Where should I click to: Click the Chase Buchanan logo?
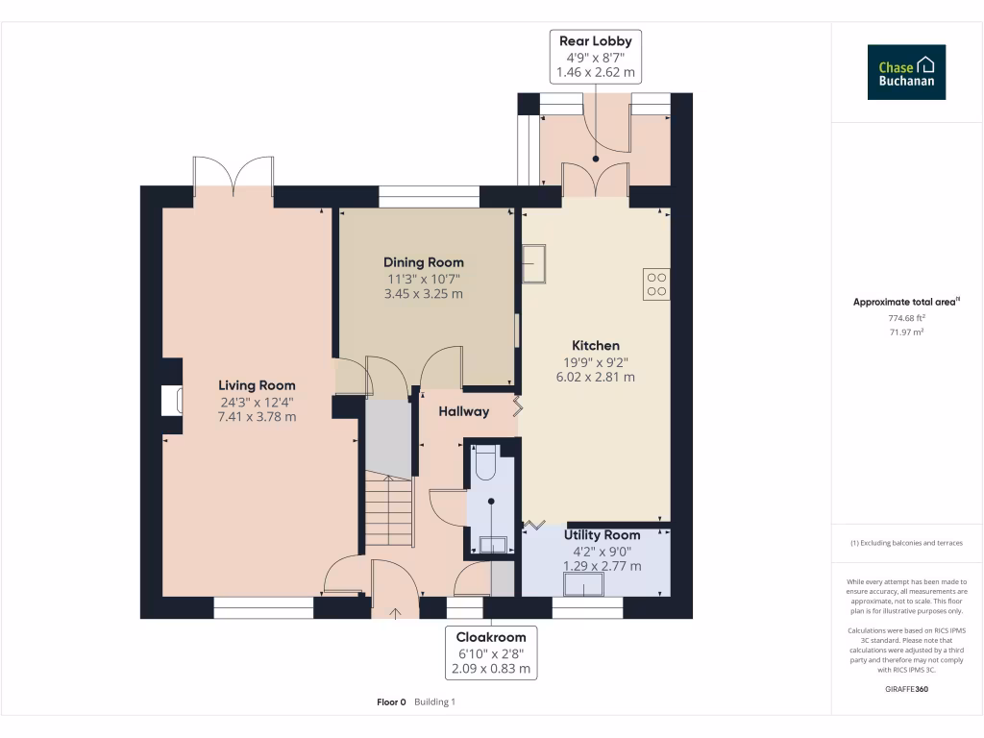coord(906,72)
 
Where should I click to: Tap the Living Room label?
coord(257,385)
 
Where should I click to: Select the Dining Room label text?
coord(424,262)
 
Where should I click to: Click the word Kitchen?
coord(596,345)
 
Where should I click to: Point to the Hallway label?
coord(464,411)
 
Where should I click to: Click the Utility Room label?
coord(602,534)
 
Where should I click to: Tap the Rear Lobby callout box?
coord(596,57)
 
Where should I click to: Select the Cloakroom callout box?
coord(491,652)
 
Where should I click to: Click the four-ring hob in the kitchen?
coord(656,284)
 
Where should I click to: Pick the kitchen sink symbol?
coord(534,263)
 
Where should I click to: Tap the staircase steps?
coord(389,511)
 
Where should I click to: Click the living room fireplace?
coord(172,401)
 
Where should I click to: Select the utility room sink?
coord(583,585)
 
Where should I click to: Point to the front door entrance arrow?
coord(395,613)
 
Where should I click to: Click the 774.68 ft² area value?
coord(906,318)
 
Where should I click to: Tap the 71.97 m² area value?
coord(906,332)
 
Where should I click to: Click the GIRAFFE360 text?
coord(906,689)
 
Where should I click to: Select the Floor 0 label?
coord(392,702)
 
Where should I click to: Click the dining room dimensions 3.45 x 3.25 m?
coord(424,294)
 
